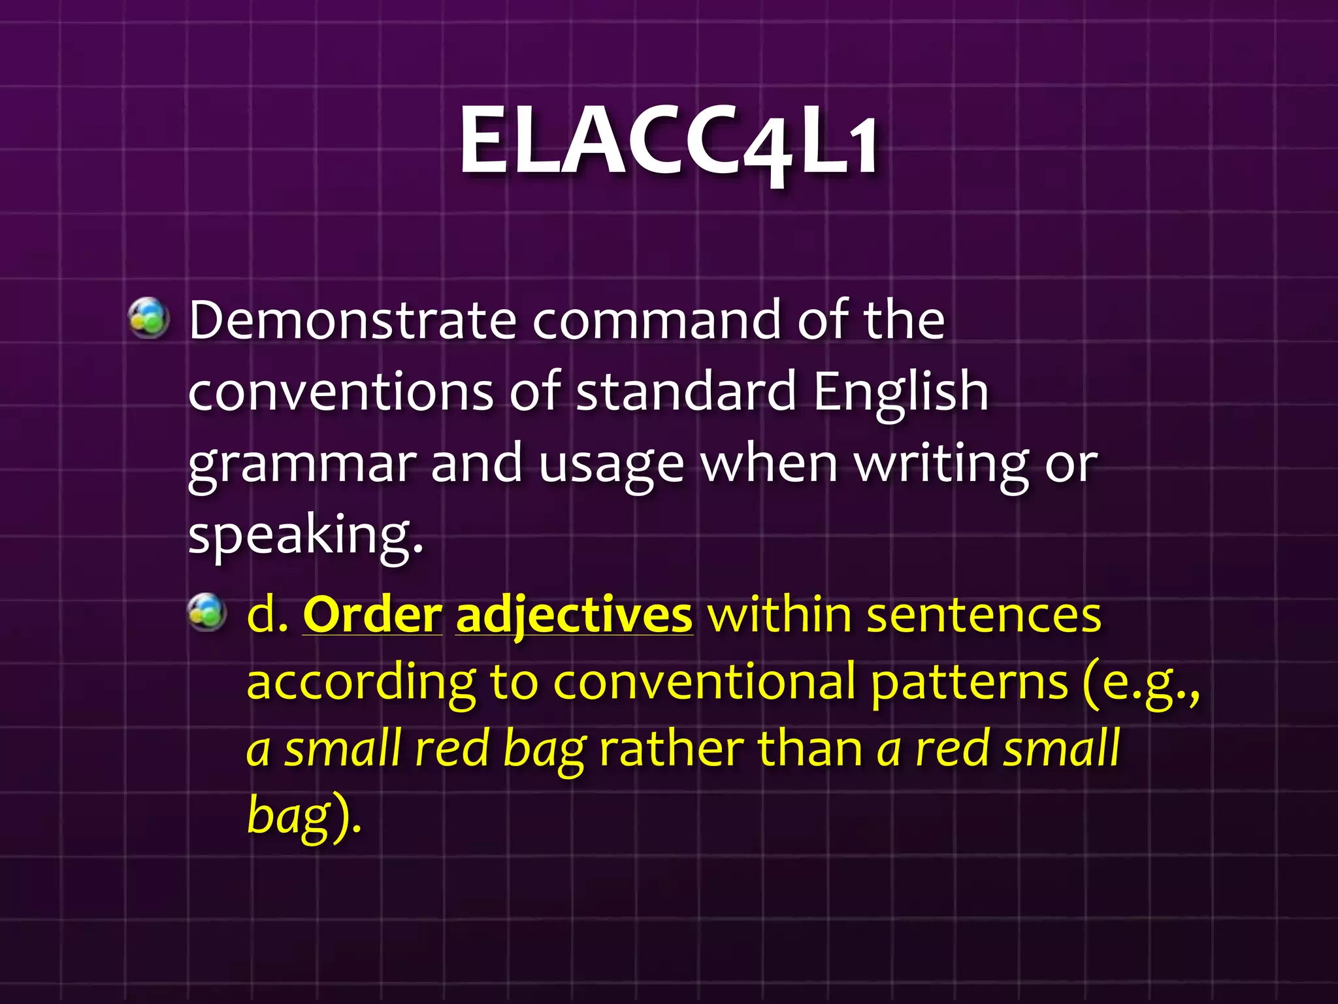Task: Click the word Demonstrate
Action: click(x=353, y=320)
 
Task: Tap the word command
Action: click(x=657, y=320)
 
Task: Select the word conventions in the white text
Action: click(x=340, y=392)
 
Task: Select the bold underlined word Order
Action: click(x=372, y=616)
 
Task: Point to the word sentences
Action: click(x=983, y=616)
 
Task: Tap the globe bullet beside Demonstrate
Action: click(x=149, y=318)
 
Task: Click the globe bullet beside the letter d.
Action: click(x=207, y=612)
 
